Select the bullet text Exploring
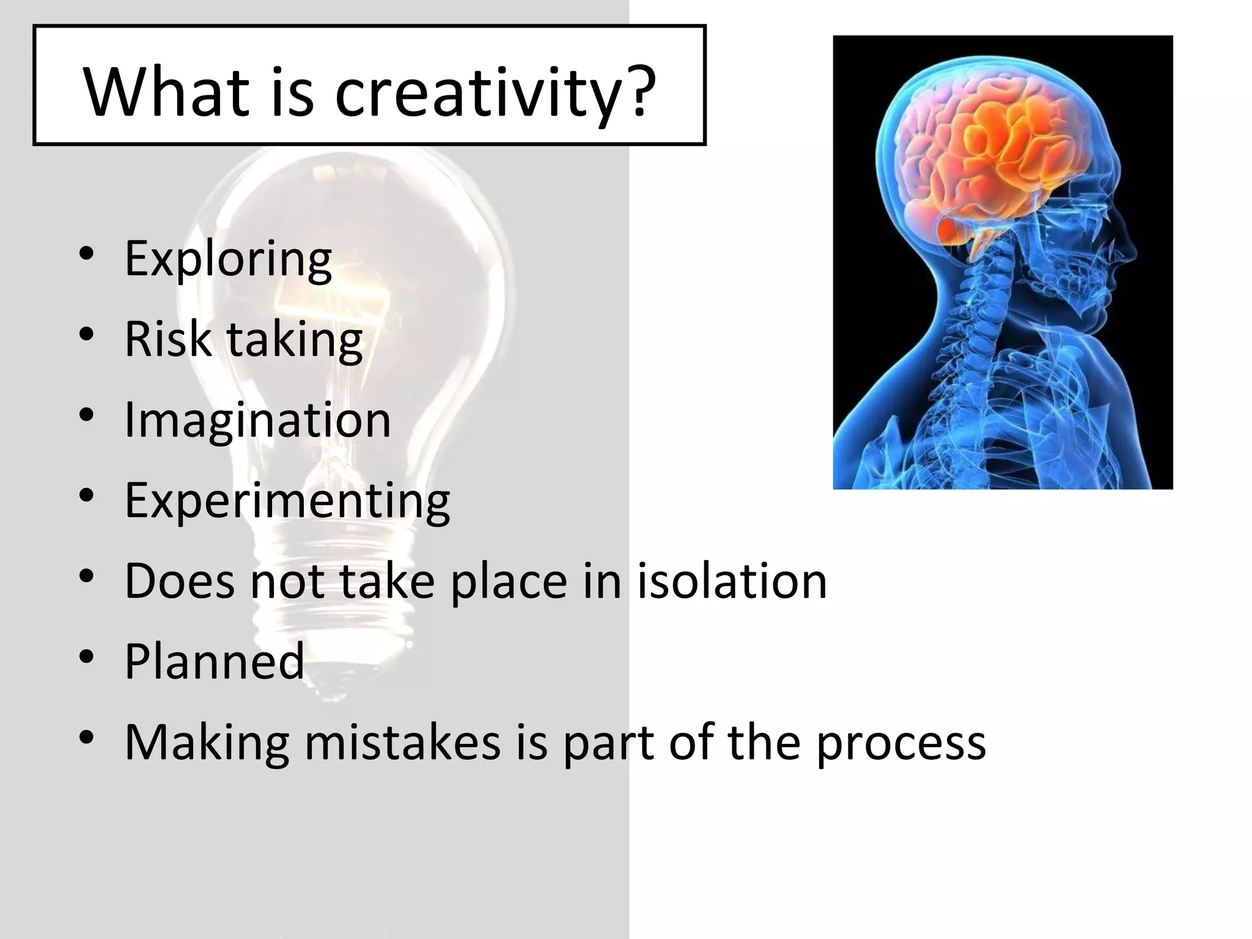[228, 259]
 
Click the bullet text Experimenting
[287, 501]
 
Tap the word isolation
[732, 580]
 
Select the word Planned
[214, 661]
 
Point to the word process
[901, 743]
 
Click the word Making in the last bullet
[207, 743]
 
